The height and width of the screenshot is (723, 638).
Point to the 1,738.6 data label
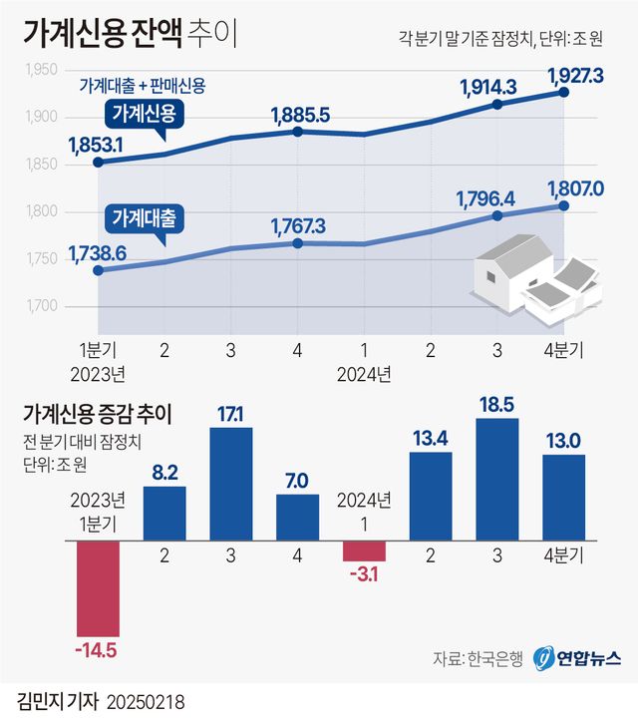[97, 253]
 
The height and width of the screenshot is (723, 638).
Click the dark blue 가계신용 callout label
[144, 114]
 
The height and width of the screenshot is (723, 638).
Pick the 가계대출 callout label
[144, 216]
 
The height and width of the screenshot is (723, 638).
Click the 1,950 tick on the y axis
[40, 70]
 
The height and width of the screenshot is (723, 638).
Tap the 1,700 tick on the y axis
[40, 306]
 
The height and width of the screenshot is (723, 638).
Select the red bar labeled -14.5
[99, 588]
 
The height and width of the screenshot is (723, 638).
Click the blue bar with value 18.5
[497, 480]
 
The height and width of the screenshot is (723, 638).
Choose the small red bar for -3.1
[364, 550]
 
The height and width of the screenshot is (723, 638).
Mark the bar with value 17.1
[230, 484]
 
